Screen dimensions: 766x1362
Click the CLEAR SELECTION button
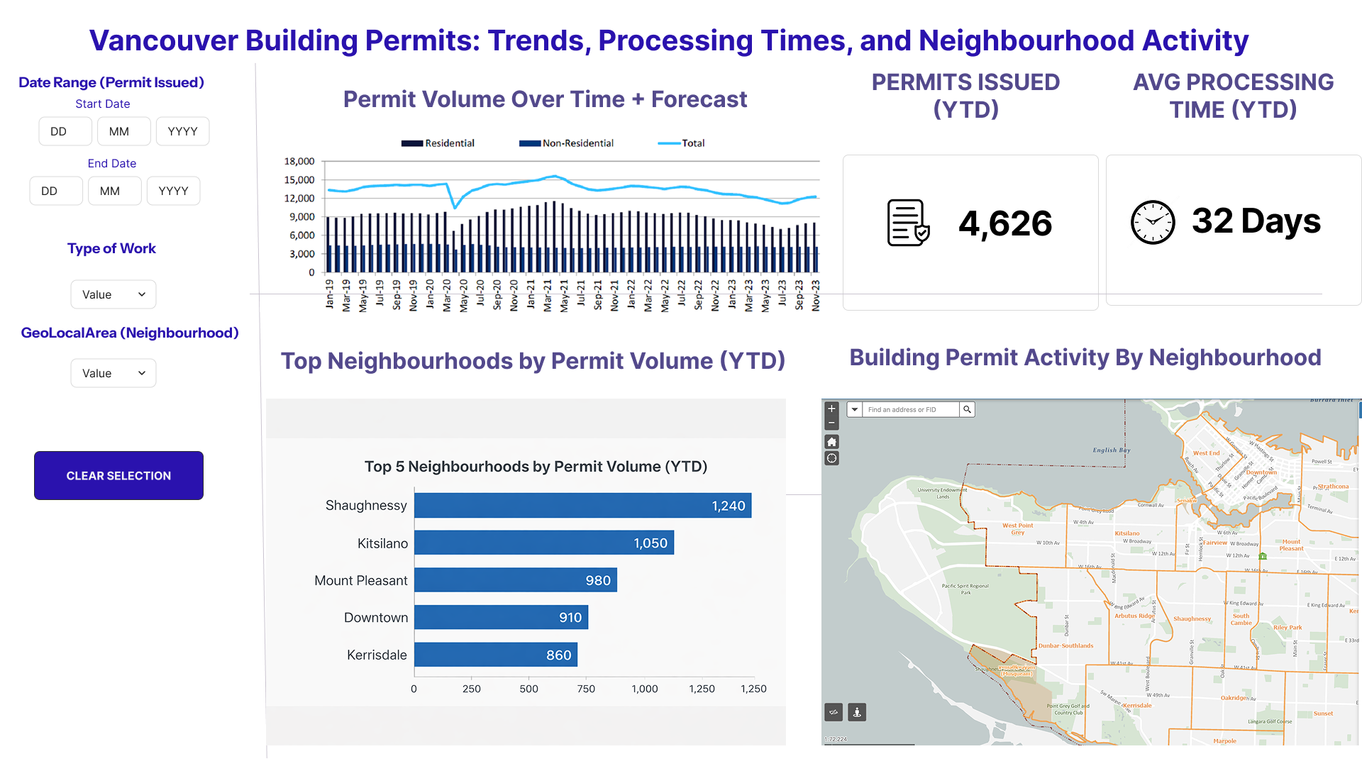click(x=118, y=475)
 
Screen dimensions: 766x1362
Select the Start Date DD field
click(x=65, y=131)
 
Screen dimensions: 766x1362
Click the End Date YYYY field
click(x=173, y=191)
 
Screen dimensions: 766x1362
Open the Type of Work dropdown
click(x=113, y=294)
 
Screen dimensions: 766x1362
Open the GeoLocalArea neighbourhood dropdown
click(x=113, y=373)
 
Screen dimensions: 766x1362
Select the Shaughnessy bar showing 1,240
click(x=582, y=506)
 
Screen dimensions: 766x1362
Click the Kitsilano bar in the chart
click(x=543, y=543)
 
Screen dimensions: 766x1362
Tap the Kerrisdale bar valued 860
click(x=495, y=655)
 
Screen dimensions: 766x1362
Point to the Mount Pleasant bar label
click(x=360, y=580)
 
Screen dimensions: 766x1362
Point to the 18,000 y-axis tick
click(x=299, y=162)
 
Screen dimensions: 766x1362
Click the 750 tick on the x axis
click(x=586, y=689)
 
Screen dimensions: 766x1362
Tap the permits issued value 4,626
click(x=1005, y=223)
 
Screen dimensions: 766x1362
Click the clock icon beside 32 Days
click(x=1152, y=222)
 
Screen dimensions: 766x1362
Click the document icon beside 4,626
click(x=908, y=223)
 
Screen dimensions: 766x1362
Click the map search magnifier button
click(x=967, y=409)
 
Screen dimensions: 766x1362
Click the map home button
click(x=832, y=441)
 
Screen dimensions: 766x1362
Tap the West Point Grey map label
click(x=1017, y=528)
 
